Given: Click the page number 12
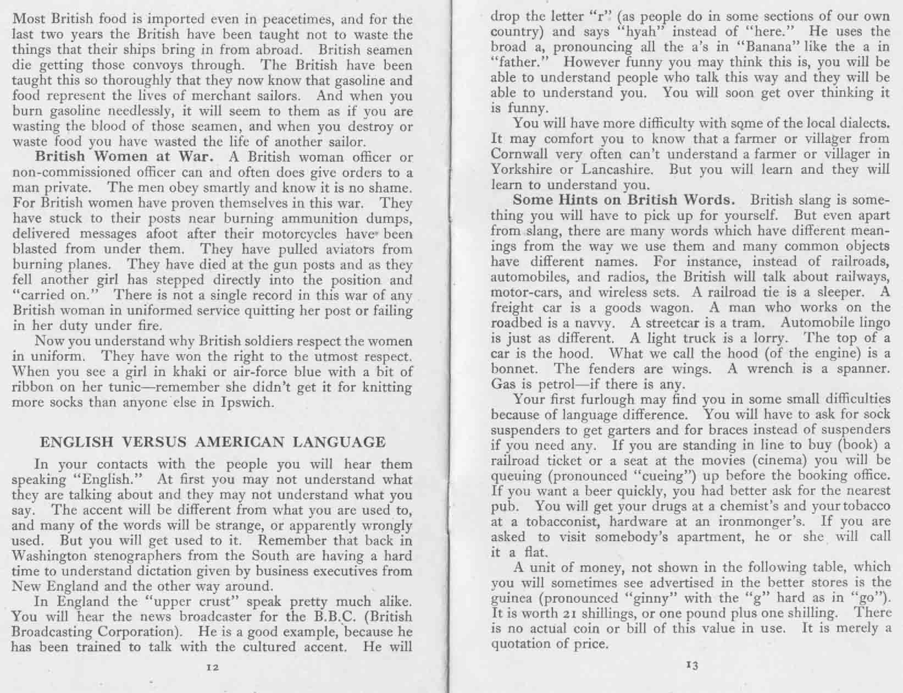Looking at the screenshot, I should [213, 667].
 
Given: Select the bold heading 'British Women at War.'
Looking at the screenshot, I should [131, 157].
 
